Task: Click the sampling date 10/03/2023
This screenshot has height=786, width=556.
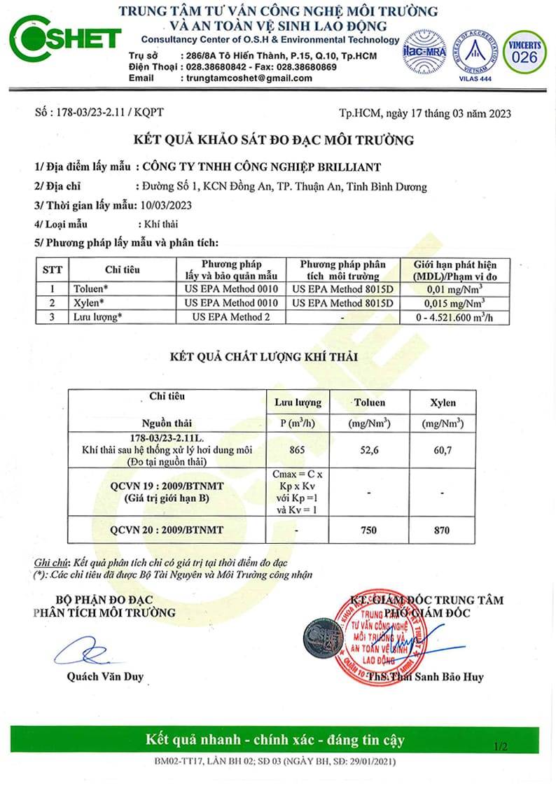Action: click(167, 205)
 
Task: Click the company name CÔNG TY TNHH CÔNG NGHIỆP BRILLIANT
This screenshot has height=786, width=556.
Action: click(261, 167)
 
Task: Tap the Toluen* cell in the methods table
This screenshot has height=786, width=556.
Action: click(90, 288)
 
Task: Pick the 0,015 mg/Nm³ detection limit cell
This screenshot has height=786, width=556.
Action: click(456, 303)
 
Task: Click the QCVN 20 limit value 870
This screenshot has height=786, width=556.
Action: click(442, 531)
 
